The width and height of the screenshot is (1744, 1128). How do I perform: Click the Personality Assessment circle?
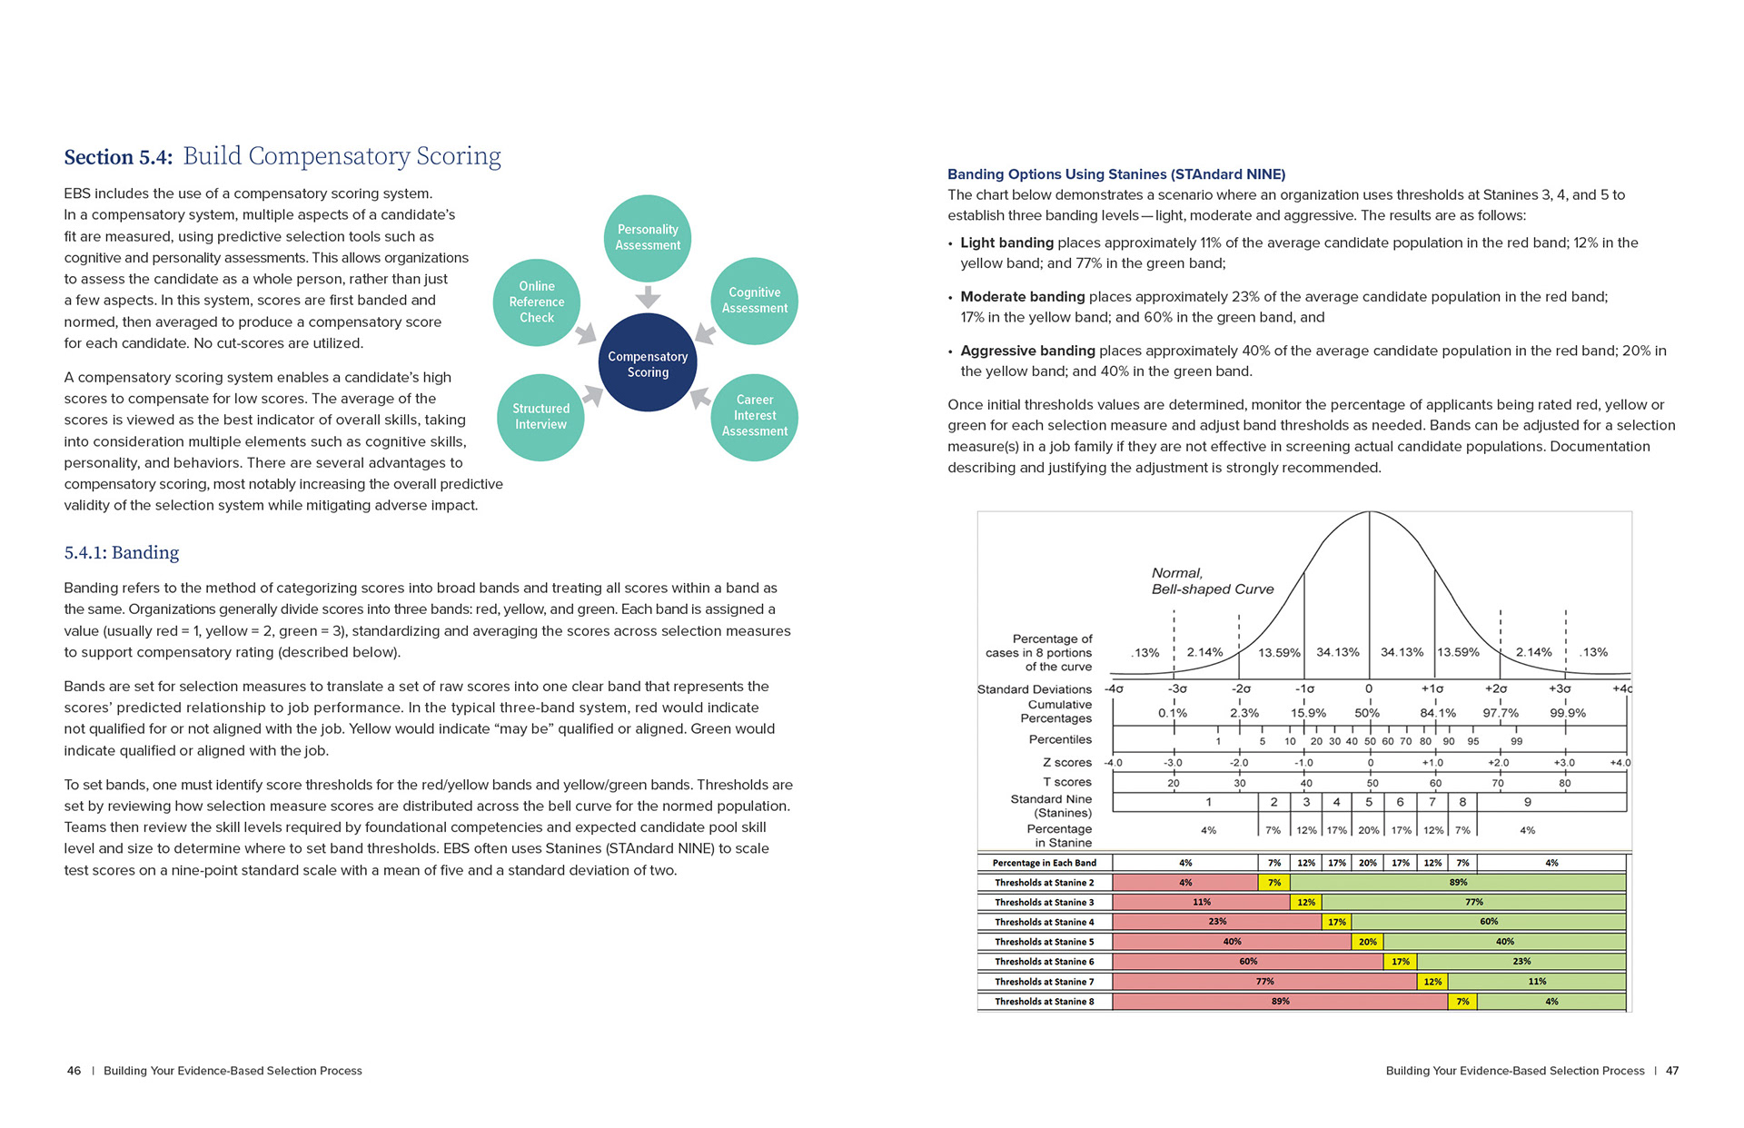(648, 238)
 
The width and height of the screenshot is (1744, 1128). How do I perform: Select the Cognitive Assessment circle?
(754, 301)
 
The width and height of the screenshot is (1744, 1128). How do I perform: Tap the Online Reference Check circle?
(536, 302)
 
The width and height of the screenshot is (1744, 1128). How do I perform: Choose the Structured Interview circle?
(540, 417)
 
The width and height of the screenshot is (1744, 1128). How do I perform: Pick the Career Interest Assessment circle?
(754, 416)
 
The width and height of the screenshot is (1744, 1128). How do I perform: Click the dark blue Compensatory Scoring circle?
(648, 363)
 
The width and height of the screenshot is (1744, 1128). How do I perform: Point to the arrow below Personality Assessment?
(648, 297)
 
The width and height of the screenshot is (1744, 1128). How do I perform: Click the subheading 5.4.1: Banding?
(122, 552)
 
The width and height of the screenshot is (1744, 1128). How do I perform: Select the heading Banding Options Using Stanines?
(1116, 174)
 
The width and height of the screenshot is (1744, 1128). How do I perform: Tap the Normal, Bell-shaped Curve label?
(1212, 581)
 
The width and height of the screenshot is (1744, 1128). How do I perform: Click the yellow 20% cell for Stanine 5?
(1368, 942)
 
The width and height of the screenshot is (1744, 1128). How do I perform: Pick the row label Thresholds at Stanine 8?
(1044, 1002)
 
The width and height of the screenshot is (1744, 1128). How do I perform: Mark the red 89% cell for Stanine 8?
(1280, 1002)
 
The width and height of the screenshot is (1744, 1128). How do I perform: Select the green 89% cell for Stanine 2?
(1458, 883)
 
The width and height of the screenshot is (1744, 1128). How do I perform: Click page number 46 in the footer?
(74, 1071)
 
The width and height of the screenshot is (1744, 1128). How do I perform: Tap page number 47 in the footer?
(1671, 1071)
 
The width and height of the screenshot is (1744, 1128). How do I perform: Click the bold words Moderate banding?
(1022, 297)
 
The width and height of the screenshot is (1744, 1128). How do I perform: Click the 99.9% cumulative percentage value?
(1567, 714)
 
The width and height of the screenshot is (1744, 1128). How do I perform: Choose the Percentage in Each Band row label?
(1044, 863)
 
